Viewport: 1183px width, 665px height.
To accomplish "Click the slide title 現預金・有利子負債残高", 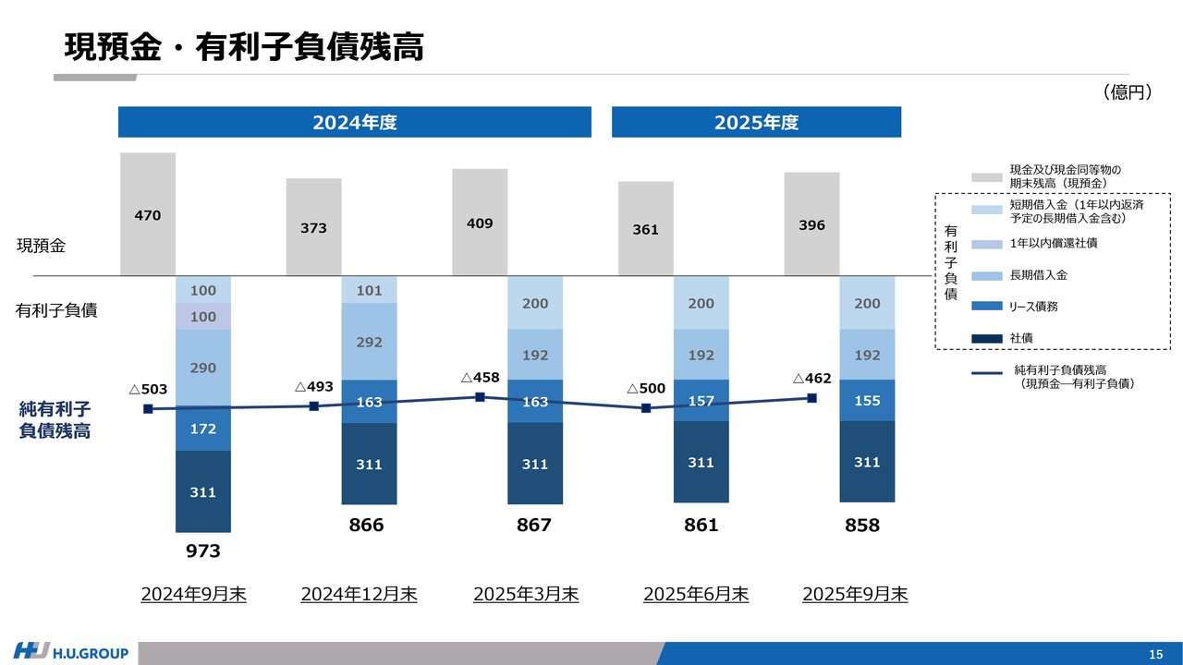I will pos(244,46).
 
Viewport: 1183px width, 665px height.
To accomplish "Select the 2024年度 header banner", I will pos(354,122).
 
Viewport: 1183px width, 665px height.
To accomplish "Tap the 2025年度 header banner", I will pos(756,122).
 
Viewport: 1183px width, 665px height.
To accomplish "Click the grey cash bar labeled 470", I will pos(148,214).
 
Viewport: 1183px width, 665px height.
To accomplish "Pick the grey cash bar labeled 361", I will pos(645,228).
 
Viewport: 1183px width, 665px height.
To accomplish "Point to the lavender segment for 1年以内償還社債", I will pos(203,317).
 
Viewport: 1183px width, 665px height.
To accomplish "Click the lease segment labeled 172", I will pos(203,429).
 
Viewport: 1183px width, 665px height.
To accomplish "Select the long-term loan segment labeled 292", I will pos(369,342).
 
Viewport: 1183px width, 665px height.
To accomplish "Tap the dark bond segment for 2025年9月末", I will pos(867,462).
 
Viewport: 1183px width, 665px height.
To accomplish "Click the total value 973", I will pos(203,551).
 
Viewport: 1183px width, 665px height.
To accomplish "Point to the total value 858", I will pos(862,526).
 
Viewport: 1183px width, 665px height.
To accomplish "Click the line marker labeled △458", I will pos(480,397).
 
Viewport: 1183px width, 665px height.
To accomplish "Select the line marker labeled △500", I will pos(646,408).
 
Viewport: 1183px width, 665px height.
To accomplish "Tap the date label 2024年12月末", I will pos(359,594).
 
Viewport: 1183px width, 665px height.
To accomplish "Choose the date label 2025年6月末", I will pos(696,594).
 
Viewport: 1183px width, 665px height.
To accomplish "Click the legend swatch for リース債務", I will pos(986,306).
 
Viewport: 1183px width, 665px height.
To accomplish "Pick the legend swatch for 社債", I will pos(986,338).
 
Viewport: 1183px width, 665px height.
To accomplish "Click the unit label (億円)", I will pos(1126,91).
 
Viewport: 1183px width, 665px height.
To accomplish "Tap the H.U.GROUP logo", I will pos(71,653).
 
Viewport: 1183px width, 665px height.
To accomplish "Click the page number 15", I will pos(1155,655).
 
